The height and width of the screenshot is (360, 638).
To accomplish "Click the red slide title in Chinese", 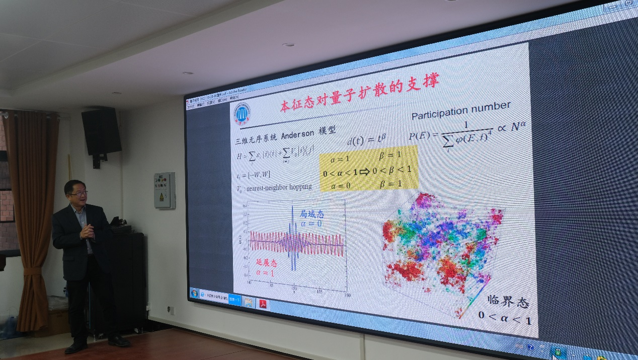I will (359, 93).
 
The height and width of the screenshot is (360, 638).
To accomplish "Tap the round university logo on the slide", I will (243, 114).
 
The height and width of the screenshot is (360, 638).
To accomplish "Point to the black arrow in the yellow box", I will (364, 171).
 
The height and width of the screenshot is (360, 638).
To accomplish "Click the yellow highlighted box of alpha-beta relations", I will (369, 169).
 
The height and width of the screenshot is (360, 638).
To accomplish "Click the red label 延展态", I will (266, 262).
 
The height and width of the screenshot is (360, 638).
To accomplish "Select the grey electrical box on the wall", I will (165, 190).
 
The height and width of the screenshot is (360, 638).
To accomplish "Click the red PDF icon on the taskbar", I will (263, 304).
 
